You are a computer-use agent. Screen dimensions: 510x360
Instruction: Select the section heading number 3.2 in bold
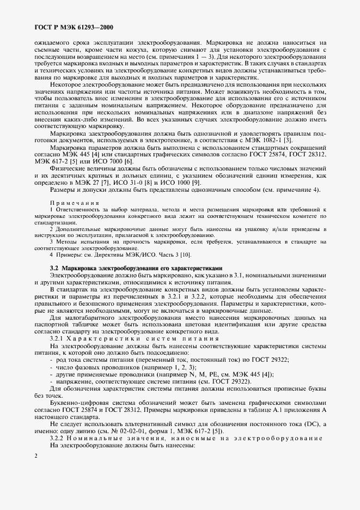point(54,268)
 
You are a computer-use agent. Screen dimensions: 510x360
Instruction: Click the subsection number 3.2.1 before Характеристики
point(58,338)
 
